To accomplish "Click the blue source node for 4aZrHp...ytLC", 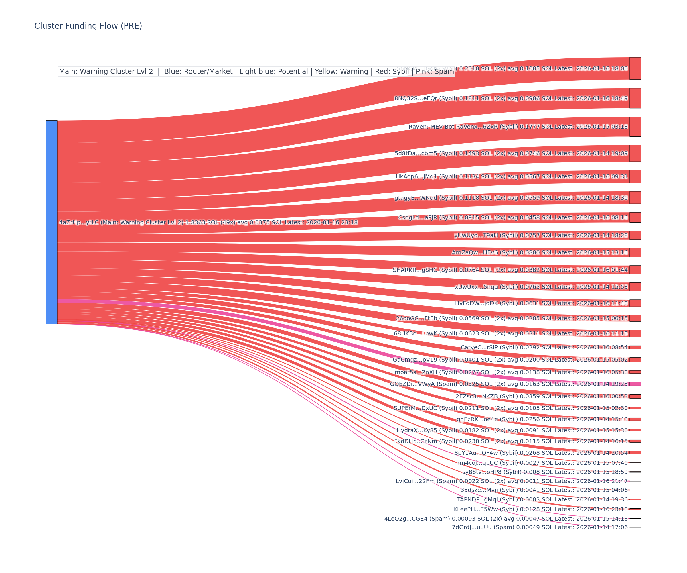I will coord(51,222).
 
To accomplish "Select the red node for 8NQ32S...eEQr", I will coord(635,98).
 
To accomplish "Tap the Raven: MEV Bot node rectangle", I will coord(635,127).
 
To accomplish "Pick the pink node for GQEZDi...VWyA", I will coord(635,384).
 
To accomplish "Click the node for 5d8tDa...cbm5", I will coord(635,153).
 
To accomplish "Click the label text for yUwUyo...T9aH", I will coord(541,236).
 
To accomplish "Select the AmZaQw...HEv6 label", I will coord(540,252).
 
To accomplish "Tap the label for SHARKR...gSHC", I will coord(510,270).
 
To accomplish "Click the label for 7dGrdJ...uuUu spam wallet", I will coord(540,527).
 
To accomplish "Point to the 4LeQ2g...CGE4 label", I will coord(506,519).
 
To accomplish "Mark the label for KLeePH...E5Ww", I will coord(540,509).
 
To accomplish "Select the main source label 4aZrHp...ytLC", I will coord(208,223).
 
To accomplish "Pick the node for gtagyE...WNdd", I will coord(635,198).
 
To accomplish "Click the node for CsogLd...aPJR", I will coord(635,217).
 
